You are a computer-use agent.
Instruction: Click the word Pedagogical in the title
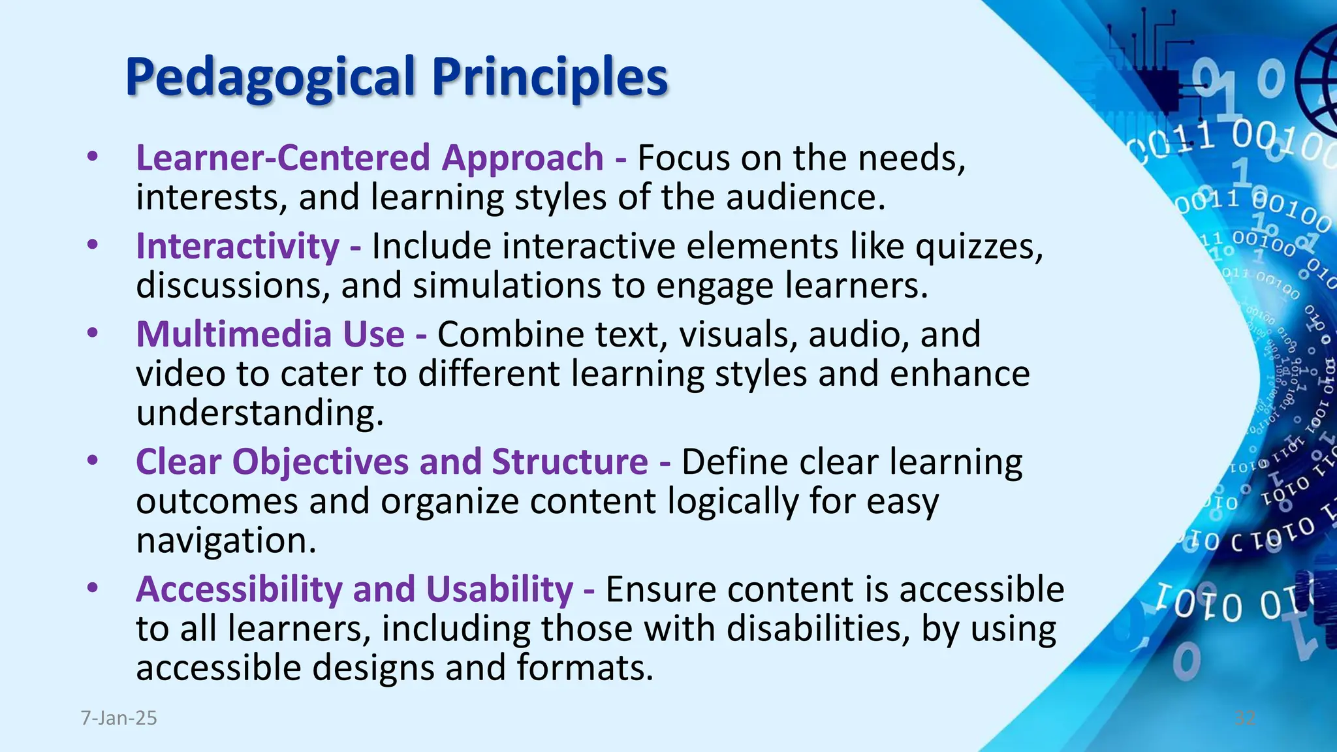(x=270, y=78)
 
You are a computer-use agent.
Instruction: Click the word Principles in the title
(x=550, y=78)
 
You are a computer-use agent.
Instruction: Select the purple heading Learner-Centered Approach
(x=370, y=158)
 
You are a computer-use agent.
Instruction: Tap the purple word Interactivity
(x=238, y=247)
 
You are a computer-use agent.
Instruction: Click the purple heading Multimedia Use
(x=270, y=334)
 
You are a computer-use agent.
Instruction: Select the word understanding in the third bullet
(x=259, y=414)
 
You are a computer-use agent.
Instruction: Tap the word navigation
(x=226, y=540)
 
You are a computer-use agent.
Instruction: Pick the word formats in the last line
(x=584, y=668)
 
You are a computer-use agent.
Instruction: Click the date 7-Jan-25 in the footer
(x=119, y=718)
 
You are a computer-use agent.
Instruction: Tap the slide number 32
(x=1245, y=718)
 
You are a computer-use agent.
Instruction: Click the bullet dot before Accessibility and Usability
(x=93, y=588)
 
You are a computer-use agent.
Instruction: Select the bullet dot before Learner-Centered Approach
(x=93, y=157)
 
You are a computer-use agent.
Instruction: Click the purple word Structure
(x=569, y=462)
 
